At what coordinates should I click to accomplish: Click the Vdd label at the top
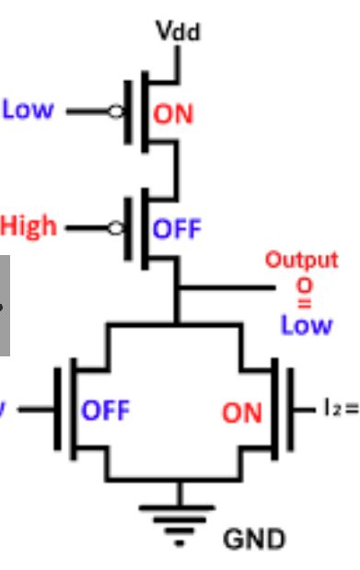coord(178,32)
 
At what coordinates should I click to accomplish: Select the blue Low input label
coord(28,110)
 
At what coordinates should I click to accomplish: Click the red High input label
coord(29,226)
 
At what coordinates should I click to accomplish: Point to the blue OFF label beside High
coord(176,227)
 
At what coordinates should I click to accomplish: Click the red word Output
coord(301,260)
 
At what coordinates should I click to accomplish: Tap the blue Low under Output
coord(306,324)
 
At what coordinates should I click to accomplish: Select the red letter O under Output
coord(303,285)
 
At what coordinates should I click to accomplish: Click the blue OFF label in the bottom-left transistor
coord(106,409)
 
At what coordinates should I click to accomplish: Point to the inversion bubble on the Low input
coord(116,111)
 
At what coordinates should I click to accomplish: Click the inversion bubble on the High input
coord(116,227)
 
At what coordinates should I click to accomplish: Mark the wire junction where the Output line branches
coord(177,288)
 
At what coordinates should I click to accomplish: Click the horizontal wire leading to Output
coord(226,288)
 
